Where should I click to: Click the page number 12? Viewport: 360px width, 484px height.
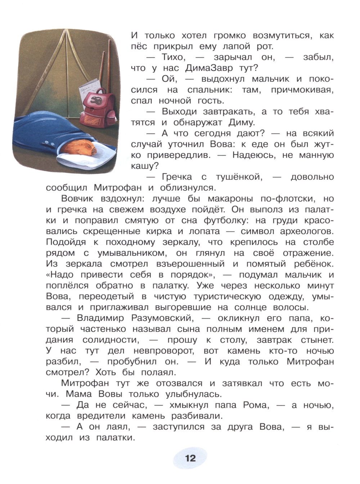click(190, 458)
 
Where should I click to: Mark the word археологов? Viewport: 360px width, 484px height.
click(301, 231)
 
